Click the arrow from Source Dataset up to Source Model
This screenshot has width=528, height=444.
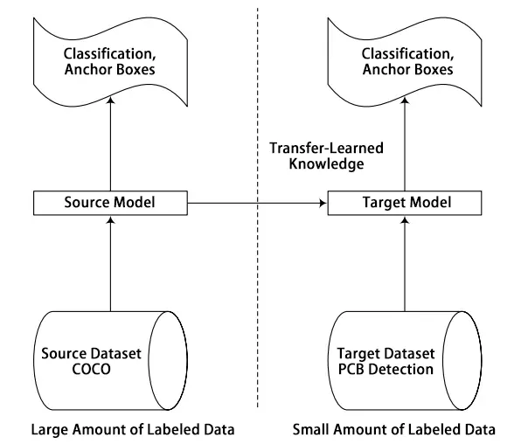pyautogui.click(x=111, y=262)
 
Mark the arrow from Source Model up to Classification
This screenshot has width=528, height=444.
pyautogui.click(x=111, y=140)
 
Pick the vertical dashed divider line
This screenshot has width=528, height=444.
pyautogui.click(x=257, y=306)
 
